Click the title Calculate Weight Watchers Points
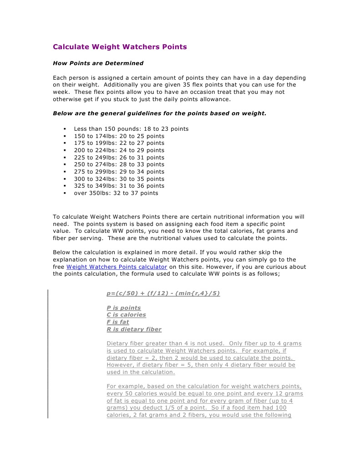coord(120,47)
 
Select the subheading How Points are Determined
coord(98,63)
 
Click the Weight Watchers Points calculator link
coord(117,267)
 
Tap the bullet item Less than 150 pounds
coord(131,129)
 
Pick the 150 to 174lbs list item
coord(119,136)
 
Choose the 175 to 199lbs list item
coord(119,143)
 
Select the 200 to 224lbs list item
coord(119,150)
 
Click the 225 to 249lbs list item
coord(119,158)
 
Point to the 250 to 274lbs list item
coord(119,164)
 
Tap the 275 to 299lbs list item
coord(119,172)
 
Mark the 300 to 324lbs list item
coord(119,179)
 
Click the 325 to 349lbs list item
coord(119,186)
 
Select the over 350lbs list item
coord(116,193)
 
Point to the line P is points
coord(124,308)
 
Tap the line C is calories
coord(126,315)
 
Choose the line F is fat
coord(118,322)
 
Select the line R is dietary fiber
coord(134,329)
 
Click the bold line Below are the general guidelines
coord(159,113)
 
